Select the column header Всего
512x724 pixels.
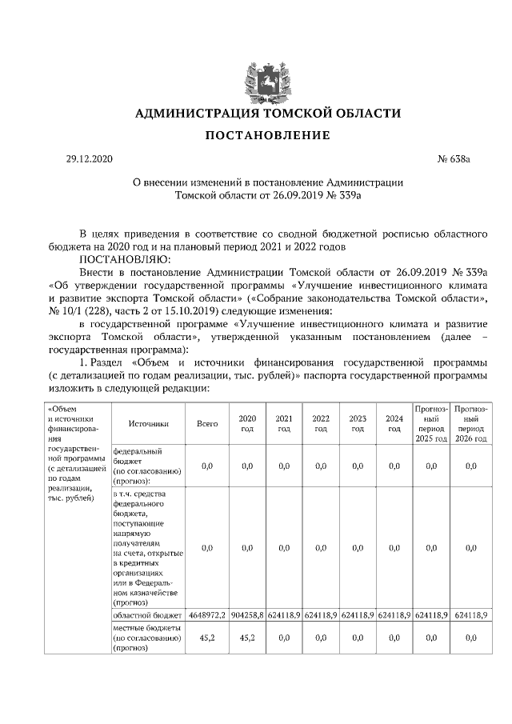coord(207,423)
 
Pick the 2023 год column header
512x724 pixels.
coord(358,423)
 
